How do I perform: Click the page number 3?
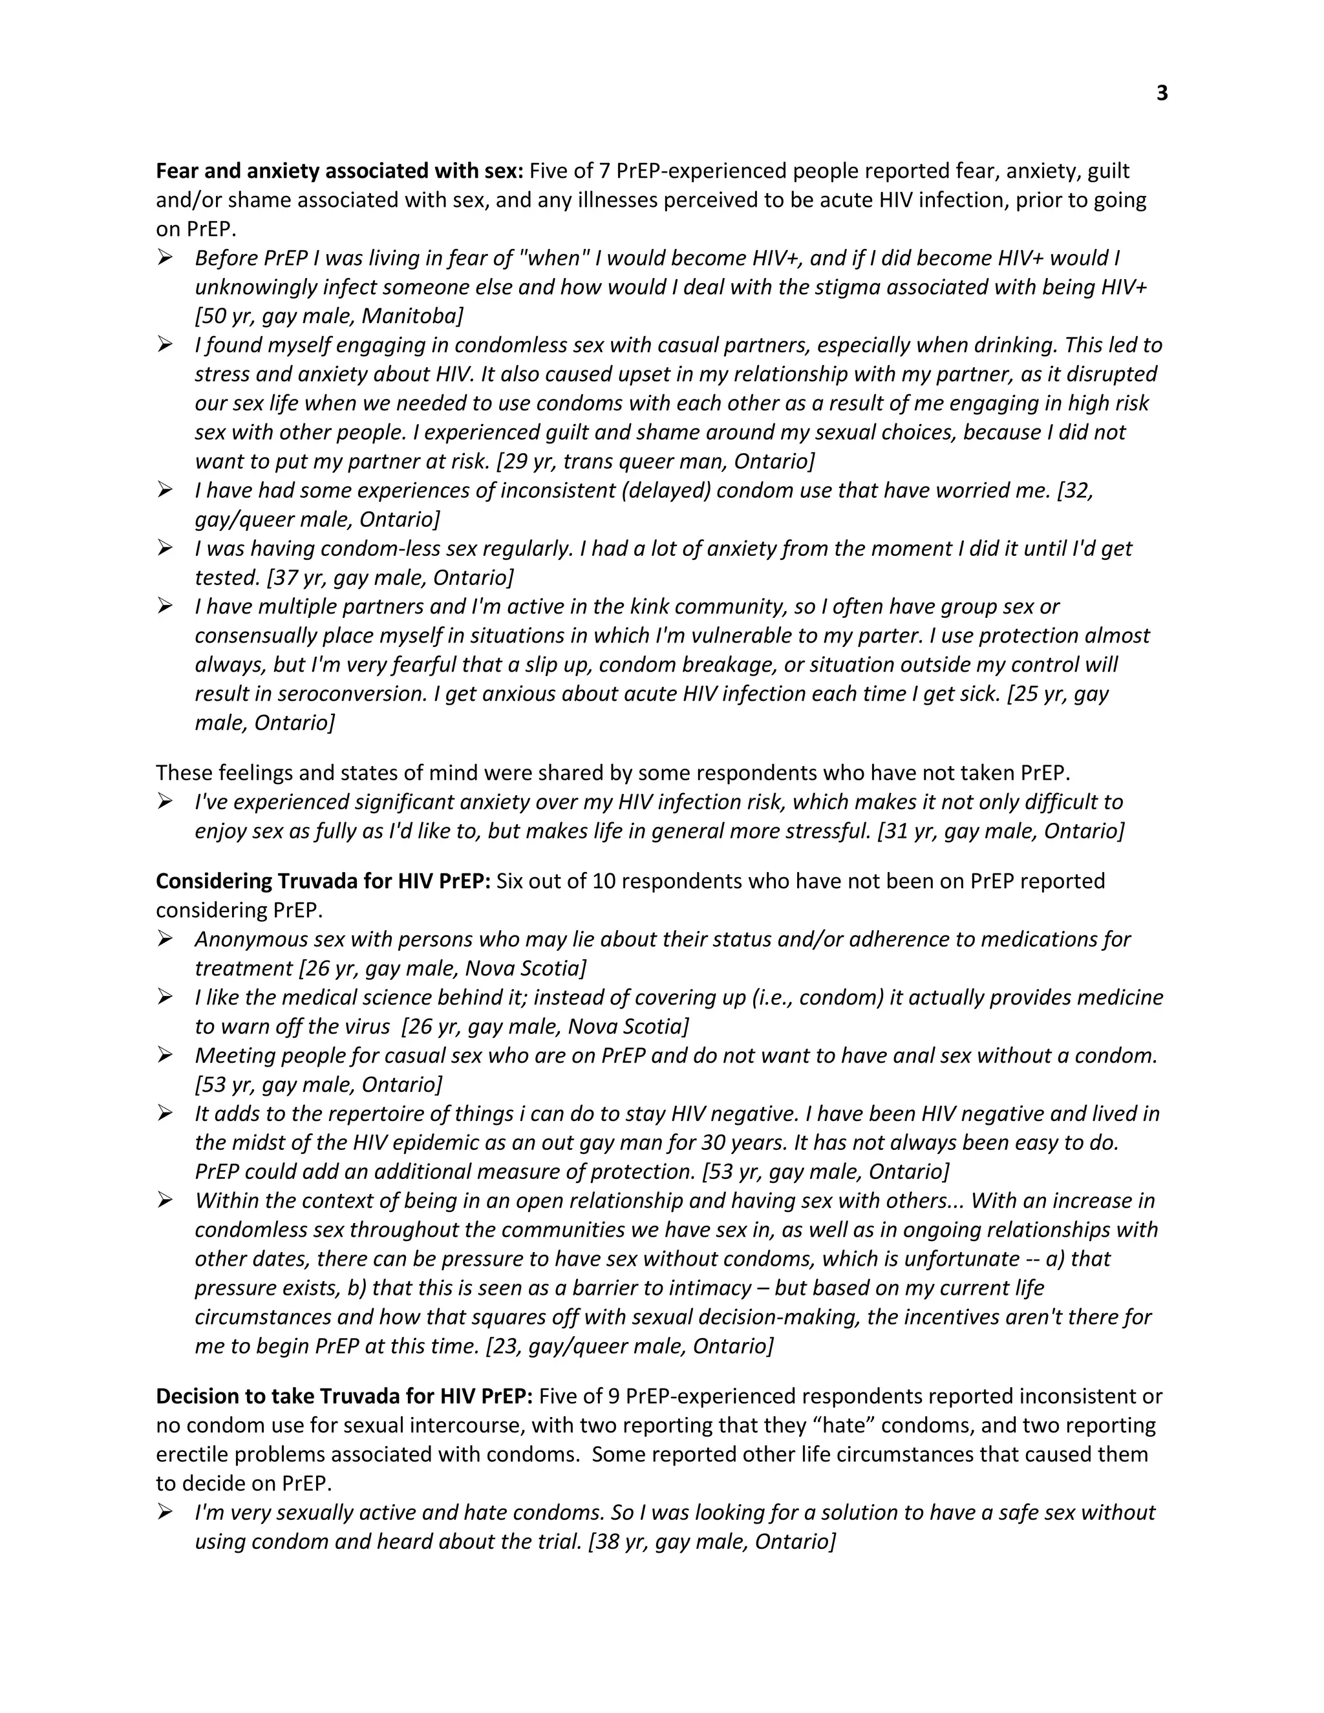pyautogui.click(x=1162, y=93)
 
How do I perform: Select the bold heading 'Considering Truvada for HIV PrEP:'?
pyautogui.click(x=323, y=881)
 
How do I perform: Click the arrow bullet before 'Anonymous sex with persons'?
pyautogui.click(x=165, y=938)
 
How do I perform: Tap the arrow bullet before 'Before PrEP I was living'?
pyautogui.click(x=165, y=257)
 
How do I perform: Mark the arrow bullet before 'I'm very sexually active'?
pyautogui.click(x=165, y=1511)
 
